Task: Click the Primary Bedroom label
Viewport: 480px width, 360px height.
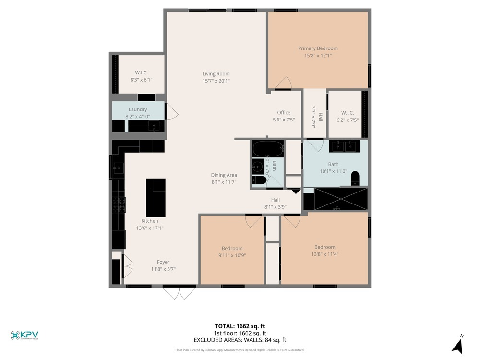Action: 317,48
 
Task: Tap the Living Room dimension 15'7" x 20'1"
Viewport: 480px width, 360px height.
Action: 216,81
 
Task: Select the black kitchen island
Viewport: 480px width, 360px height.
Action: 156,197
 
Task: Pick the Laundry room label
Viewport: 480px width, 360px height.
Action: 138,109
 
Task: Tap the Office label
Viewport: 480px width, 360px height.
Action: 284,113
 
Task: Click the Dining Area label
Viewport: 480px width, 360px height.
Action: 224,175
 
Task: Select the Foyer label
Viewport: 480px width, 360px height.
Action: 163,262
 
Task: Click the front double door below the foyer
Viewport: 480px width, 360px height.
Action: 179,292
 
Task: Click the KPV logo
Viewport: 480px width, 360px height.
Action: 24,335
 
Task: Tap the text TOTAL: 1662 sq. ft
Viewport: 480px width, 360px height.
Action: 240,325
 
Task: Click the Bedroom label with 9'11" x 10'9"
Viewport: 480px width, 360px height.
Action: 232,248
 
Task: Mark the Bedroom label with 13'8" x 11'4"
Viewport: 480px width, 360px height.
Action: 325,247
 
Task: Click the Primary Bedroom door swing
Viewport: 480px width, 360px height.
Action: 284,84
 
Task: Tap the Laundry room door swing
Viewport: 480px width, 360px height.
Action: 171,113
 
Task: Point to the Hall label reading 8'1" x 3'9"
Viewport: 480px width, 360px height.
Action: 275,200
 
